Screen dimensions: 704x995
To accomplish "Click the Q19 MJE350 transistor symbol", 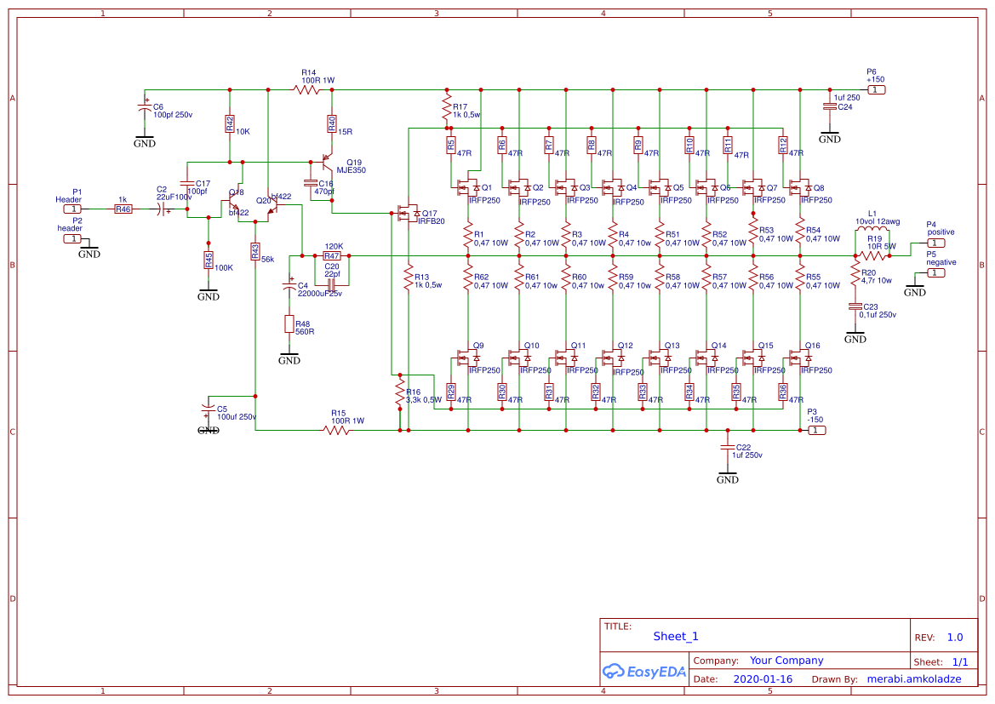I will [x=327, y=162].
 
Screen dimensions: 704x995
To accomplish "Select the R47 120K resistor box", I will [x=332, y=255].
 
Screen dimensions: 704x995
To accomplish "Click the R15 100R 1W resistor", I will [x=337, y=431].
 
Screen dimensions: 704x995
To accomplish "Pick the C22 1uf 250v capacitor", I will [x=728, y=447].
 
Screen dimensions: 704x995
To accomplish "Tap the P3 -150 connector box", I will [x=816, y=431].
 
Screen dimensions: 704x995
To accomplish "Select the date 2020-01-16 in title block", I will [x=762, y=679].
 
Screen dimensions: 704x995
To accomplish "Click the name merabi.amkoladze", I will [x=913, y=679].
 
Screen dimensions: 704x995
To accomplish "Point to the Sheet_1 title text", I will [x=676, y=636].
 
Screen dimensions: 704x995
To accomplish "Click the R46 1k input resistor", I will [x=124, y=209].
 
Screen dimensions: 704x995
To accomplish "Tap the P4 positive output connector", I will [x=935, y=243].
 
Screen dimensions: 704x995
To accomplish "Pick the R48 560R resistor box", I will [x=290, y=324].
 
